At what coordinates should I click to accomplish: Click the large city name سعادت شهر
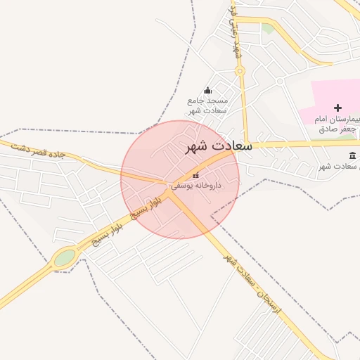pos(218,146)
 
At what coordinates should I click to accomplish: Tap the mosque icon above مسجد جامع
pos(207,90)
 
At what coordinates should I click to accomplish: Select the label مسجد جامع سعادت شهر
pos(206,105)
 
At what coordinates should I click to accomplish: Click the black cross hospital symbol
pos(338,108)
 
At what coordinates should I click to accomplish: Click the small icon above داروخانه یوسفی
pos(195,174)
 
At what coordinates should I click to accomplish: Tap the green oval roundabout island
pos(65,257)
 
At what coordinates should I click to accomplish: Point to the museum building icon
pos(352,155)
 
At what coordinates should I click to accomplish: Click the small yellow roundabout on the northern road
pos(240,71)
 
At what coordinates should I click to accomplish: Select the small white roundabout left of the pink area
pos(279,82)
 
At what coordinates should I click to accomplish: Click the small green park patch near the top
pos(267,29)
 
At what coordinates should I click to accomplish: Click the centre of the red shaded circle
pos(180,179)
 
